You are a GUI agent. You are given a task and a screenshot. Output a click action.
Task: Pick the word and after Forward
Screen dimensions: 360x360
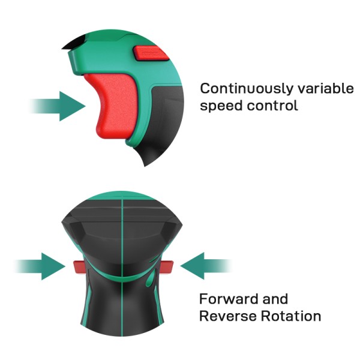(x=275, y=299)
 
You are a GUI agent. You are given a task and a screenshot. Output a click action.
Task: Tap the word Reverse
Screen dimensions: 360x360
(x=227, y=316)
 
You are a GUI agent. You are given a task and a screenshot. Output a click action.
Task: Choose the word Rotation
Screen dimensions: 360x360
(x=291, y=316)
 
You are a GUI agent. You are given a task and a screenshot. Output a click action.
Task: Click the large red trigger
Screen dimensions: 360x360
(x=112, y=106)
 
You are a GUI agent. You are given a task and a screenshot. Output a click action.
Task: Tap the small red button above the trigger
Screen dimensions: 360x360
(x=151, y=53)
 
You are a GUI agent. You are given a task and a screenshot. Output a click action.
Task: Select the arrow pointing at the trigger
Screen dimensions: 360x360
(x=58, y=106)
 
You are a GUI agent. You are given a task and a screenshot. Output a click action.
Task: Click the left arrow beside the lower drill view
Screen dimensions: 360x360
(x=40, y=266)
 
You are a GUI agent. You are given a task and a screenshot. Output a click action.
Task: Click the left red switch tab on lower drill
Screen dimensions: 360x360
(x=79, y=267)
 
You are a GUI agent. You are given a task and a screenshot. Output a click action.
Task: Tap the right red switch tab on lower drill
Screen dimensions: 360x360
(x=166, y=267)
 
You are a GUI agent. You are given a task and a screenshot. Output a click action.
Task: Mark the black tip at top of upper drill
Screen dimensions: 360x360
(x=73, y=43)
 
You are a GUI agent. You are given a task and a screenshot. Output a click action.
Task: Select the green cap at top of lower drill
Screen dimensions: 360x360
(x=122, y=196)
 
